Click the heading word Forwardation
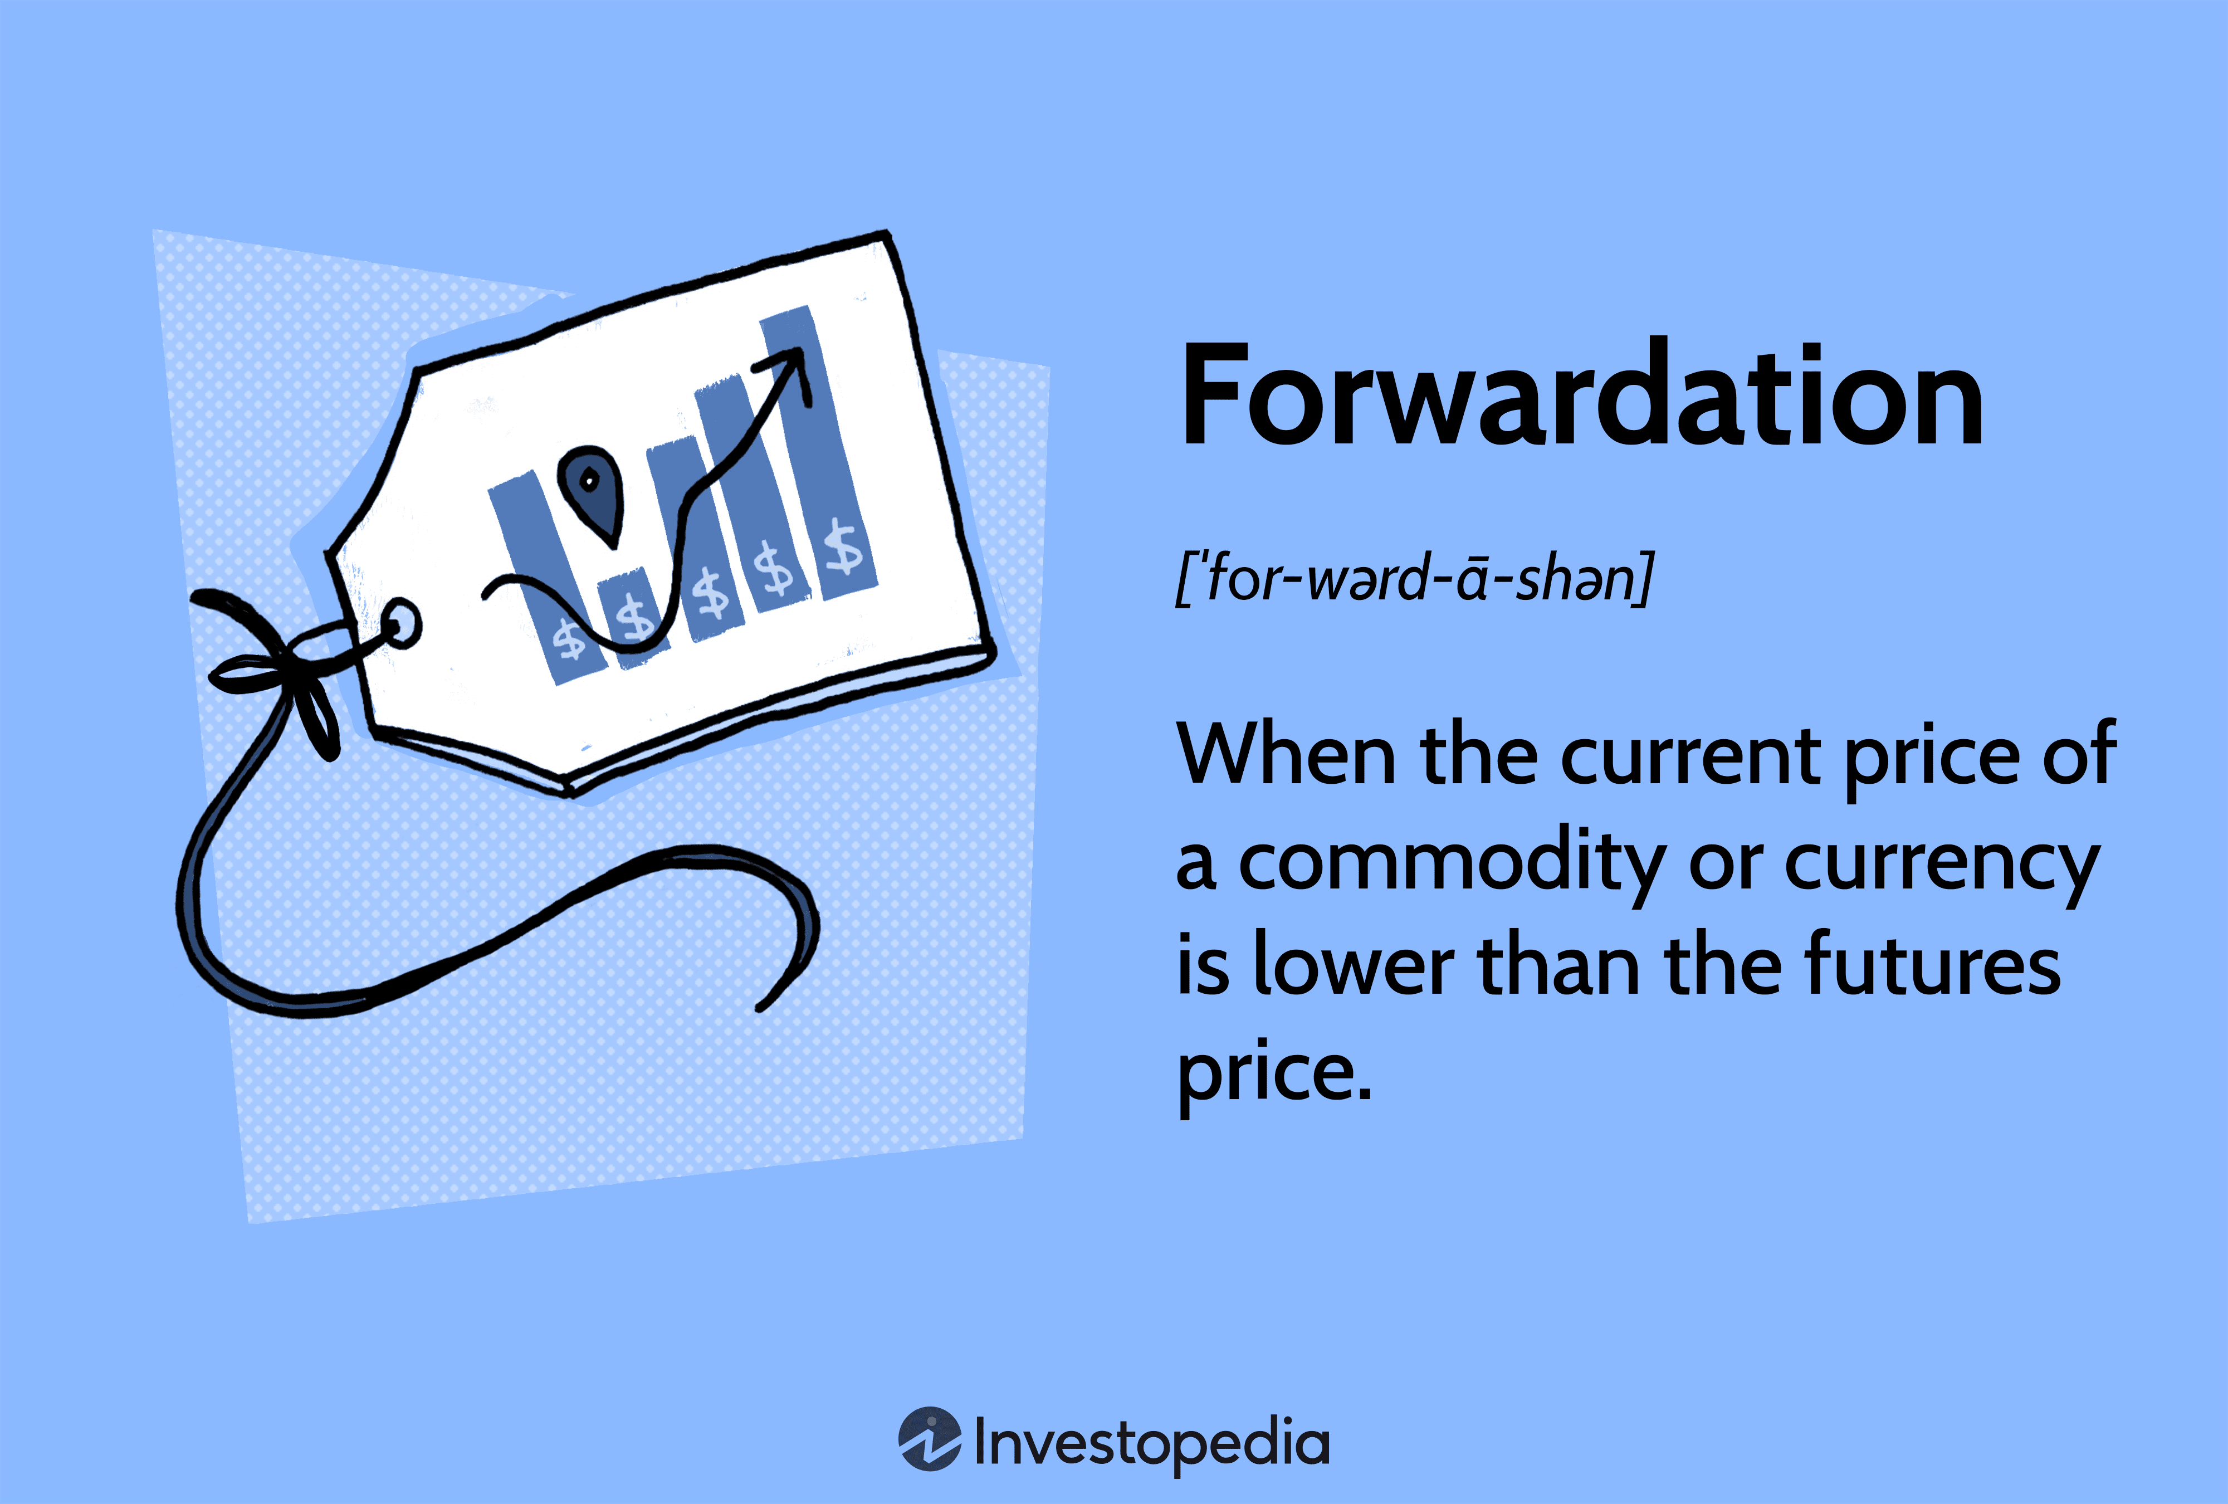pos(1582,396)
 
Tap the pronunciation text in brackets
pos(1415,578)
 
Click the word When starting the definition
pos(1284,755)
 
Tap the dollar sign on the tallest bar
pos(844,548)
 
